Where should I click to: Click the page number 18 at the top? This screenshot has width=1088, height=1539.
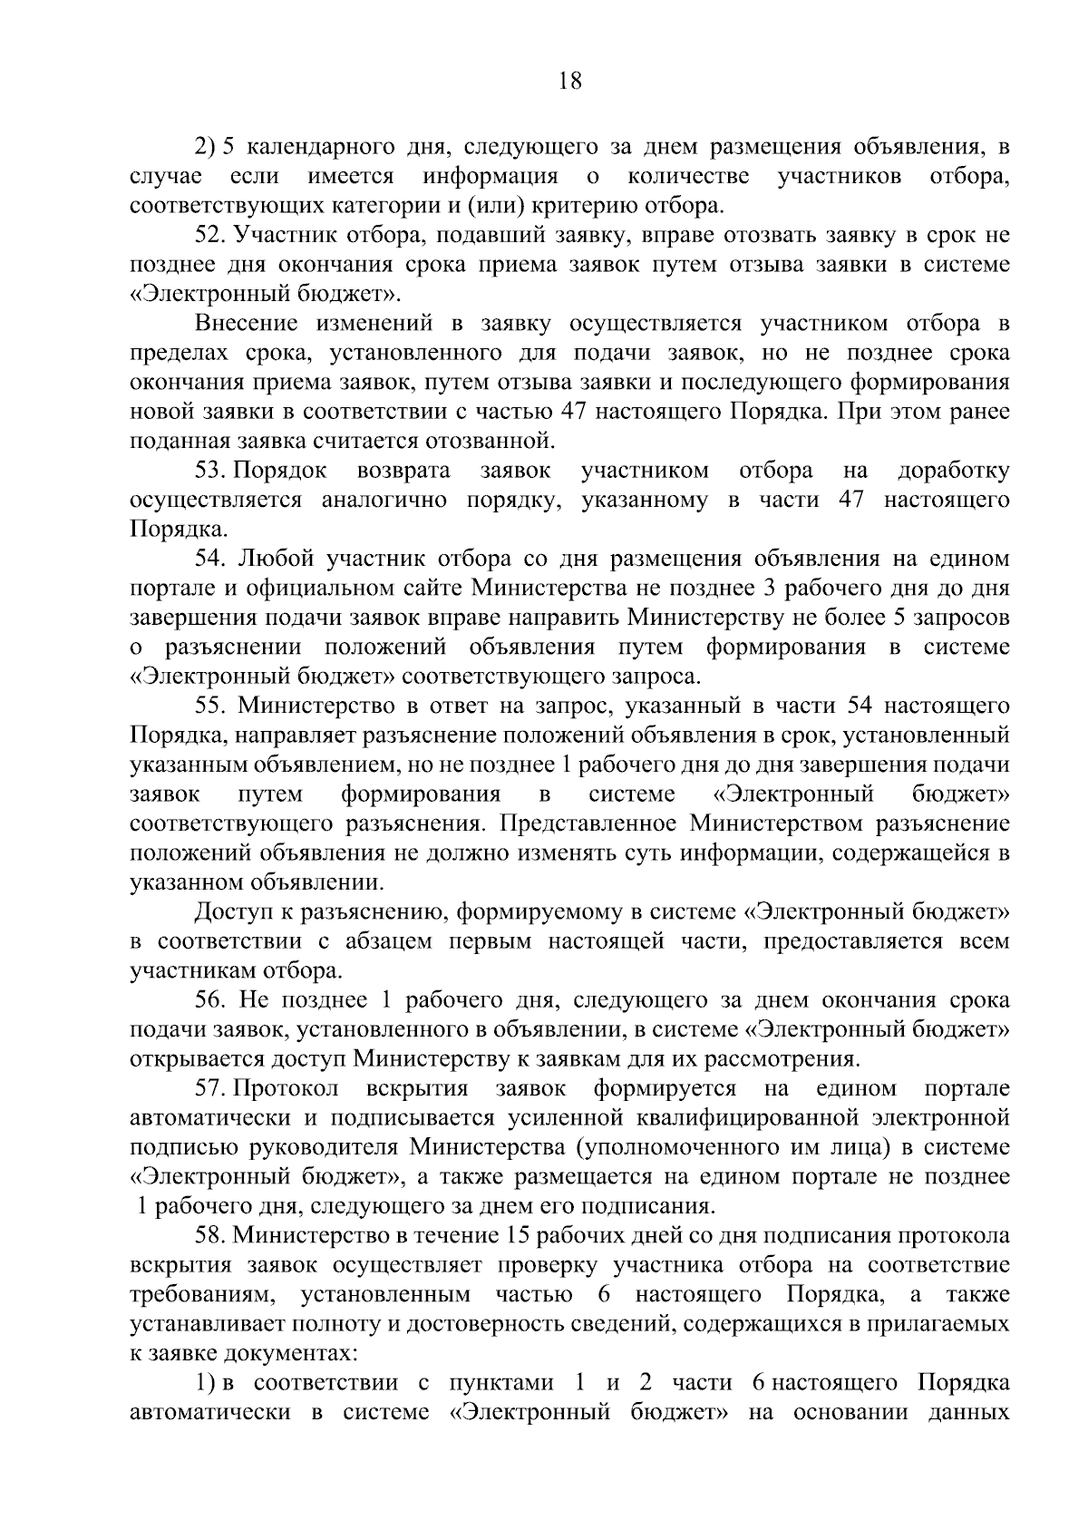569,82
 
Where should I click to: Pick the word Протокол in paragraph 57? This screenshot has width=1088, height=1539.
287,1088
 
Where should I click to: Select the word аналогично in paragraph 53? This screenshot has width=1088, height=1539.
385,500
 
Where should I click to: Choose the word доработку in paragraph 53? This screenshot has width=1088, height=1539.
952,471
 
